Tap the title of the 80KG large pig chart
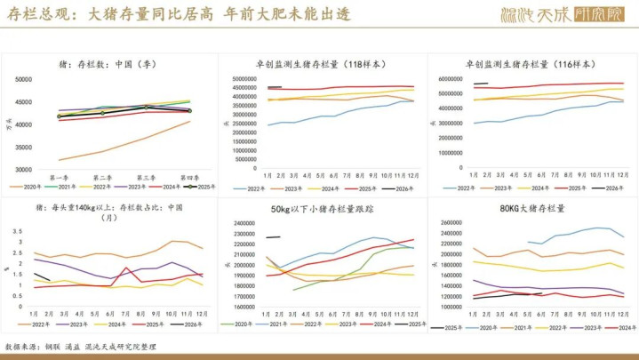[x=531, y=209]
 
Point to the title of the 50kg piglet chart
[x=321, y=209]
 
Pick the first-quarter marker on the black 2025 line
[x=60, y=116]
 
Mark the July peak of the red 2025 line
[x=126, y=268]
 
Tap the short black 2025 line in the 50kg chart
[x=273, y=237]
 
